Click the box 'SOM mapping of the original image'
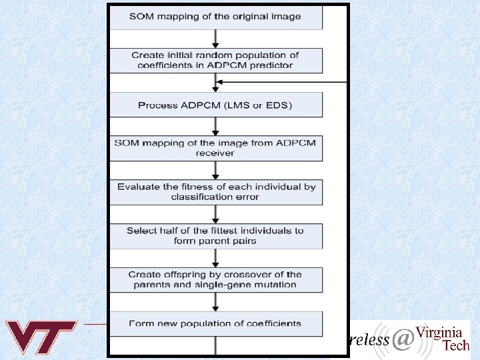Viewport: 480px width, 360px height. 215,17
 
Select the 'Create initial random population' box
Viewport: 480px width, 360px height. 215,60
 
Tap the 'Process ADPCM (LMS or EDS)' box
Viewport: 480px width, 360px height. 215,105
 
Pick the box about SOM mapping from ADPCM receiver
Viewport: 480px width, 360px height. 215,148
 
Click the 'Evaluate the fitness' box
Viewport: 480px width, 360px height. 215,192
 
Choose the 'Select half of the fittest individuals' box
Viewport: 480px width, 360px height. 215,236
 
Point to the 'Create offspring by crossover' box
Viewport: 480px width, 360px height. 215,279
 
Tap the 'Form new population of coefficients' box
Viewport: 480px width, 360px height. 215,324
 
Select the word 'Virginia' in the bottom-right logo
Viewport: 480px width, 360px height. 439,332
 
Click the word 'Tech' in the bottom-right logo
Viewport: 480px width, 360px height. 456,345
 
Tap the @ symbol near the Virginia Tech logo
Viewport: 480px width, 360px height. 402,340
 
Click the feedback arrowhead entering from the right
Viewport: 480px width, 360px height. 220,82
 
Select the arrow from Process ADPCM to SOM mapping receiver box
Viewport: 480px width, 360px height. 215,127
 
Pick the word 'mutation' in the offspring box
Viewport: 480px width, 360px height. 277,285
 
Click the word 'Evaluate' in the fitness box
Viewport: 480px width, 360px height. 138,187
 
